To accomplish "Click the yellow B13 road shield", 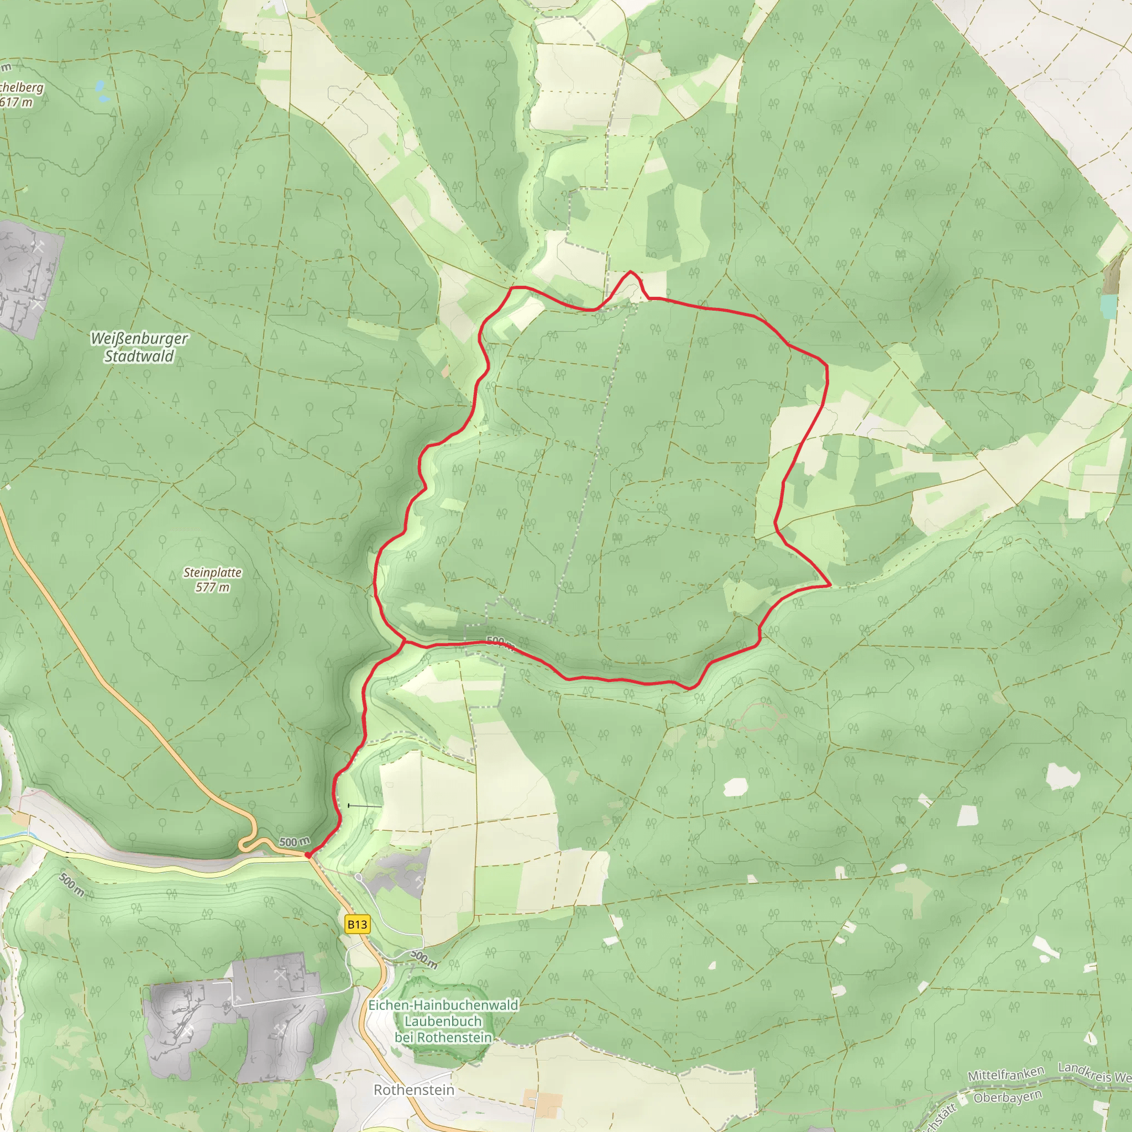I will pos(358,924).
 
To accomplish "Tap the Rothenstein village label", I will pos(413,1089).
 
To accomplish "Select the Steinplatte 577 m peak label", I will pos(212,579).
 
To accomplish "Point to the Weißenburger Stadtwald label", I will pos(139,347).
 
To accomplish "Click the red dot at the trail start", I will pos(308,855).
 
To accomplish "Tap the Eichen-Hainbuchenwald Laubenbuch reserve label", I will pos(443,1021).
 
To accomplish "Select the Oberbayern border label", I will pos(1007,1096).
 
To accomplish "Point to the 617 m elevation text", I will pos(17,102).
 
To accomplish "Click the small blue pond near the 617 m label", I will pos(101,89).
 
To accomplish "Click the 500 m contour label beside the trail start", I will pos(294,842).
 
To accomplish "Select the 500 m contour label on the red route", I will pos(499,642).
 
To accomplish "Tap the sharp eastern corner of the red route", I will pos(830,585).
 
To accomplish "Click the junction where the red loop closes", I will pos(403,641).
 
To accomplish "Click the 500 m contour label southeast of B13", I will pos(423,959).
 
